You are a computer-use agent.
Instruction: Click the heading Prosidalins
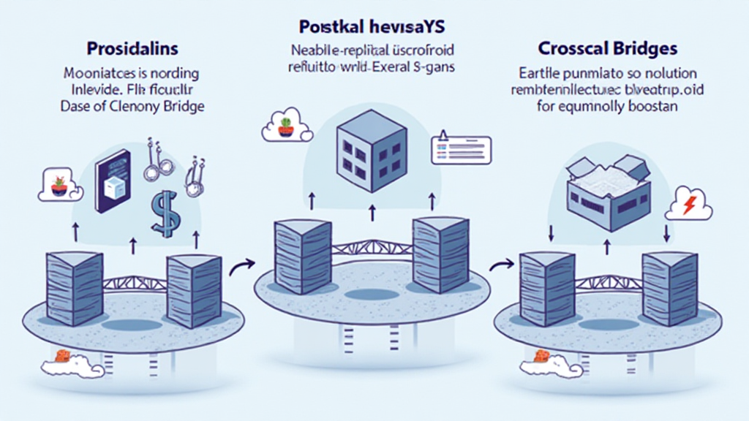[x=132, y=51]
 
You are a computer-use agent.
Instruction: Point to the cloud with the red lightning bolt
[x=688, y=207]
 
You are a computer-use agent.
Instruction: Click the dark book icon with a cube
[x=113, y=181]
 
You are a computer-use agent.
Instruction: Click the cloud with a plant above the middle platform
[x=287, y=129]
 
